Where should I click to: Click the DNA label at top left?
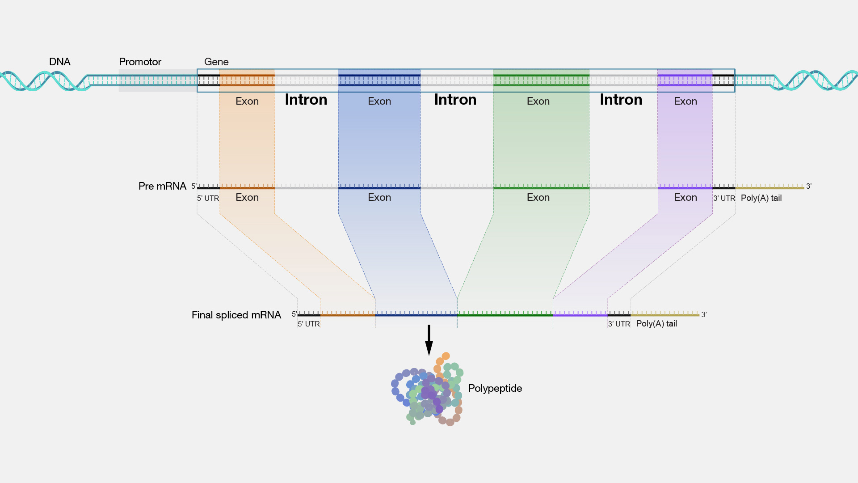coord(59,62)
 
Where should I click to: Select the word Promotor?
coord(140,62)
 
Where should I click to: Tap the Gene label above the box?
coord(216,62)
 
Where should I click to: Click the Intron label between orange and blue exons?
coord(306,99)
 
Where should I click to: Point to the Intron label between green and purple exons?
coord(621,99)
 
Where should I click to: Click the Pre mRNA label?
coord(162,186)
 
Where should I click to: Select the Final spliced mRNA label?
coord(236,315)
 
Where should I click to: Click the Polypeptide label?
coord(495,388)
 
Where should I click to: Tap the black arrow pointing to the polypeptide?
coord(429,340)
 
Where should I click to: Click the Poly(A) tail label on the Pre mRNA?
coord(761,198)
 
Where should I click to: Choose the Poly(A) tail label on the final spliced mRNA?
coord(656,323)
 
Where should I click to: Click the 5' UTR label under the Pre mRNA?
coord(208,198)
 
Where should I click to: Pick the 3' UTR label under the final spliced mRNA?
coord(618,324)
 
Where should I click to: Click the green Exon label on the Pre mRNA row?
coord(538,197)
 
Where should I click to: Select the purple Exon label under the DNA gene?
coord(685,101)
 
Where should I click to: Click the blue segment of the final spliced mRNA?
coord(416,315)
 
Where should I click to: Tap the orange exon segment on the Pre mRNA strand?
coord(247,187)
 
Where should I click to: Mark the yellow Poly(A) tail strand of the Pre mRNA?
coord(770,187)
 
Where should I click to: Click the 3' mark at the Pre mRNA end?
coord(808,186)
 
